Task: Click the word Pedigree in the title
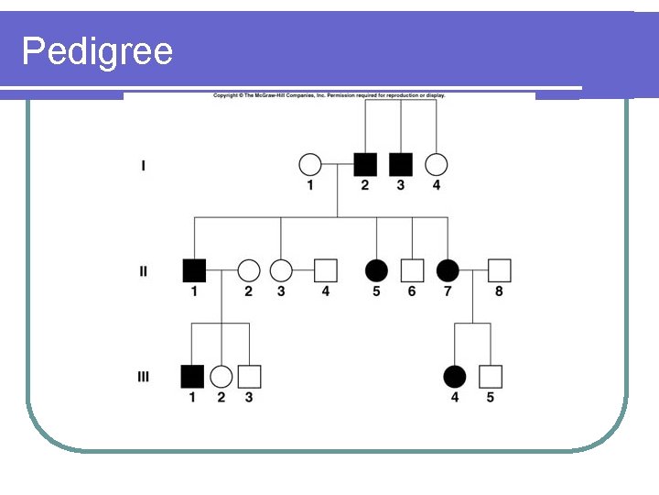click(x=97, y=51)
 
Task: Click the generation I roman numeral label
click(x=143, y=166)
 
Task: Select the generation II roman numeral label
click(x=143, y=271)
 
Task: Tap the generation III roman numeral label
click(x=143, y=376)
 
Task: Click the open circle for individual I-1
click(x=310, y=165)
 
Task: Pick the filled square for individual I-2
click(x=364, y=165)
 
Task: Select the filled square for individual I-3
click(x=400, y=165)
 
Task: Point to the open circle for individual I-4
click(x=437, y=165)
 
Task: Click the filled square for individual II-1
click(x=194, y=270)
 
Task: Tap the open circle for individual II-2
click(x=248, y=270)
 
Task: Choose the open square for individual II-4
click(x=326, y=270)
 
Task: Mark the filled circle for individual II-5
click(x=376, y=270)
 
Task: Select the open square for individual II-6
click(x=412, y=270)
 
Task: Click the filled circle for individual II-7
click(x=448, y=270)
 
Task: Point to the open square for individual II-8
click(x=499, y=270)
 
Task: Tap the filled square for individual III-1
click(x=192, y=376)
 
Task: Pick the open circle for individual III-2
click(x=221, y=376)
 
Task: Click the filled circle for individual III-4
click(x=454, y=376)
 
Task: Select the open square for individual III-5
click(x=491, y=376)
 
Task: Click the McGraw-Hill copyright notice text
click(x=329, y=95)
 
